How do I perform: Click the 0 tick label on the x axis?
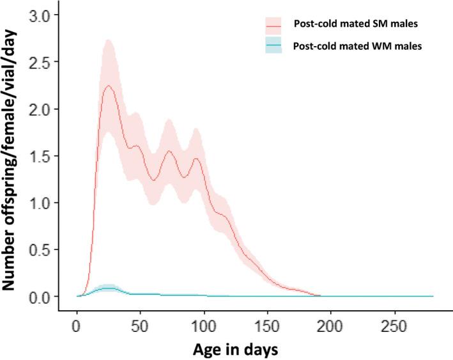(x=77, y=325)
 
